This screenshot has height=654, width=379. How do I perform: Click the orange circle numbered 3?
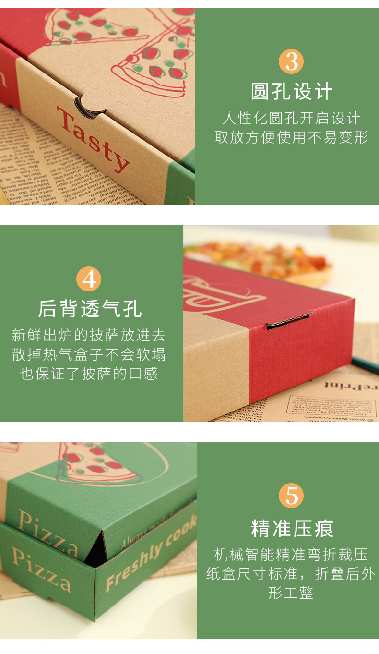(x=291, y=61)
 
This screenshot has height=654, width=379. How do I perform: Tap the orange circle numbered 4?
(x=89, y=279)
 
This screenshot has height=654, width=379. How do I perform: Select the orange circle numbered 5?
(x=291, y=496)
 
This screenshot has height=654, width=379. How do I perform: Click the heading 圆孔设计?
(x=292, y=91)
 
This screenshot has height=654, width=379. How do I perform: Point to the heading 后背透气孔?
(x=90, y=309)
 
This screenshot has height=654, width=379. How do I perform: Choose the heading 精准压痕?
(x=292, y=528)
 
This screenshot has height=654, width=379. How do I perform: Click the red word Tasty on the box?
(x=93, y=138)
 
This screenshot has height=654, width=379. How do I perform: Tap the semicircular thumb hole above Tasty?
(x=89, y=106)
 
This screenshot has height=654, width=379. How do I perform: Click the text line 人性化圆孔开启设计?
(x=291, y=118)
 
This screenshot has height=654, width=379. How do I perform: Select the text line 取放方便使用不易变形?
(x=291, y=137)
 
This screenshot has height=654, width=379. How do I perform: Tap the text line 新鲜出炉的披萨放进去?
(x=89, y=335)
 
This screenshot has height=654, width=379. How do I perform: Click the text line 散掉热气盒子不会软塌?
(x=89, y=354)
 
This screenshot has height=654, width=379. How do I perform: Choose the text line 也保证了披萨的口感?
(x=89, y=374)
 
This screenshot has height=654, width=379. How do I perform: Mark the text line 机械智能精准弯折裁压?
(x=291, y=555)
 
